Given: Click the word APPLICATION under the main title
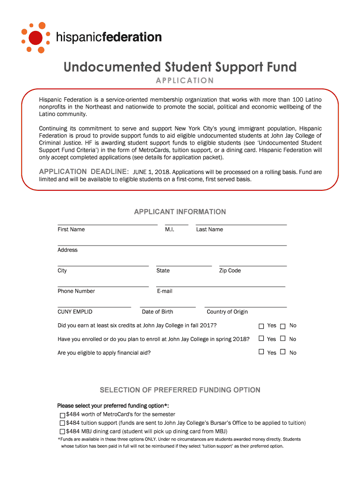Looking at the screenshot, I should click(184, 80).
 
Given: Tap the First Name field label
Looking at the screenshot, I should click(71, 229).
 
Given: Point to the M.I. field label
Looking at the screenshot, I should click(170, 229).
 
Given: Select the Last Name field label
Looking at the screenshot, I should click(209, 229).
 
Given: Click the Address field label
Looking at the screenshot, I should click(67, 250).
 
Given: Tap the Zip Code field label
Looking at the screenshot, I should click(230, 270).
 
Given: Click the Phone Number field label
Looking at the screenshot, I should click(76, 291).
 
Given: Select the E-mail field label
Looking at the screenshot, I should click(165, 291).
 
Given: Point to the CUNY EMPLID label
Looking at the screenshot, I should click(75, 312).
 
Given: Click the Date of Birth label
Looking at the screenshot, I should click(157, 312).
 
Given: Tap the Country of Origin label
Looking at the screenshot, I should click(227, 312).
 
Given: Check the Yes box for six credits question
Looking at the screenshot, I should click(261, 326).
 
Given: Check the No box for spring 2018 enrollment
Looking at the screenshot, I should click(283, 339).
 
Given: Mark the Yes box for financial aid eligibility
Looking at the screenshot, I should click(261, 352).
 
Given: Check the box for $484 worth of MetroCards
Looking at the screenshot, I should click(62, 415).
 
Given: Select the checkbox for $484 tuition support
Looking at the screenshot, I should click(62, 423).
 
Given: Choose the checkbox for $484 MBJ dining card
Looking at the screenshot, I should click(62, 432).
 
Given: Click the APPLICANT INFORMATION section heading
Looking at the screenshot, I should click(180, 212).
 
